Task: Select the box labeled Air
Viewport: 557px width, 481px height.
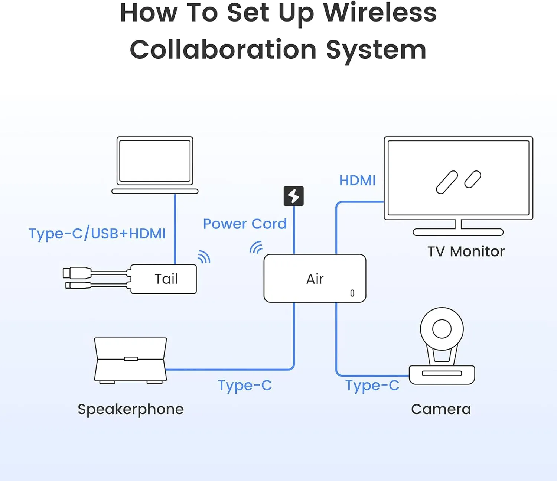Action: [x=315, y=279]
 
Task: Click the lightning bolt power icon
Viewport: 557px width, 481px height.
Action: [x=294, y=196]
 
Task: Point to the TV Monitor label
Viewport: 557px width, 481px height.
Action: [x=466, y=251]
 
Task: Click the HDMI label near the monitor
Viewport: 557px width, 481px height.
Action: [x=357, y=181]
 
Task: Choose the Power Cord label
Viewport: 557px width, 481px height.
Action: [x=245, y=224]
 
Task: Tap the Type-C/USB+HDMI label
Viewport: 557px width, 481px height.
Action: [x=97, y=234]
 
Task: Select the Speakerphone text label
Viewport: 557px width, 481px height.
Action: [x=130, y=409]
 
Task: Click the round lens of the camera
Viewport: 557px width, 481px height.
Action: [x=442, y=329]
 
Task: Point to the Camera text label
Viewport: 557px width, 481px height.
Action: [x=441, y=409]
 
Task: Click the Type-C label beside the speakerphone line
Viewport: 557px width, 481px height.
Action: [x=245, y=385]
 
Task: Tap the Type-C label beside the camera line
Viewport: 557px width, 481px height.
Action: [x=372, y=385]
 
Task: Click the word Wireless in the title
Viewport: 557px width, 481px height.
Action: [x=380, y=13]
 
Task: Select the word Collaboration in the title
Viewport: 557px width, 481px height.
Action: [x=223, y=50]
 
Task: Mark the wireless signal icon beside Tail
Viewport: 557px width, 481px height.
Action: [x=204, y=257]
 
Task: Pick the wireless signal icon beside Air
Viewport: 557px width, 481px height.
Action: [x=256, y=247]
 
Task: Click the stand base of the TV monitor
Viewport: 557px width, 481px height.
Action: [x=458, y=232]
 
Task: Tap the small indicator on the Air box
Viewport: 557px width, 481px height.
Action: [x=352, y=293]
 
